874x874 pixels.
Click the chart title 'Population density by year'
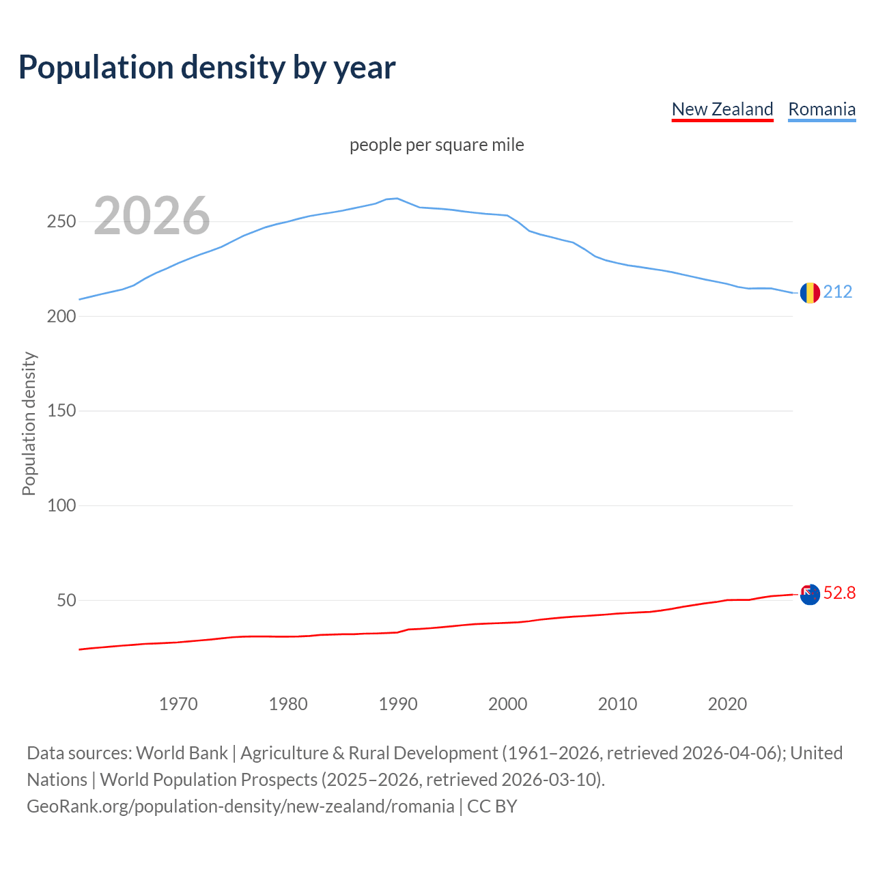207,68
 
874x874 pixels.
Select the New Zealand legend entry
722,109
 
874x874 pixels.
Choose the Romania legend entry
821,109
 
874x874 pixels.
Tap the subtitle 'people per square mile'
437,145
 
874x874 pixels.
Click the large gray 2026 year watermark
152,216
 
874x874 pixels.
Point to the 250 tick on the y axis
61,222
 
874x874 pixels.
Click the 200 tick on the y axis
61,317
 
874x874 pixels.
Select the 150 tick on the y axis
61,411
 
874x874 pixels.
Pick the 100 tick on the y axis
61,506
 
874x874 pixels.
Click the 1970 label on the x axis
178,704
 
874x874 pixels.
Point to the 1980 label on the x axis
288,704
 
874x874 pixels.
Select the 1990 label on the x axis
398,704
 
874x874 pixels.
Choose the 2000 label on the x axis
507,704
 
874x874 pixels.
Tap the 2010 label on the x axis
617,704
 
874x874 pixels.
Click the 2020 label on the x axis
727,704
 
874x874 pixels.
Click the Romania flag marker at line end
810,293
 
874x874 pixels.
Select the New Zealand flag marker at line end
810,595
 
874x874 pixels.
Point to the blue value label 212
838,292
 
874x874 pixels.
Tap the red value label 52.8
839,593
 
